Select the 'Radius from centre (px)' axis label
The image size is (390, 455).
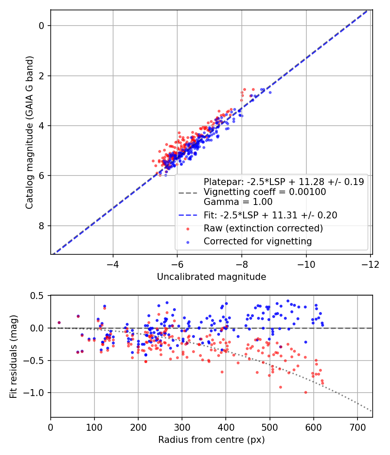point(211,440)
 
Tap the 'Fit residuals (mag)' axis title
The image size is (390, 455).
point(13,356)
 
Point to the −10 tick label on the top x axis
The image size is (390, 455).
point(306,264)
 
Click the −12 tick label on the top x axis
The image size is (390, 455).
point(370,264)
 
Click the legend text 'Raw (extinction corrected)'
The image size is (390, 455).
point(263,228)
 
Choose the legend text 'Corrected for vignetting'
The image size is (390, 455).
point(258,241)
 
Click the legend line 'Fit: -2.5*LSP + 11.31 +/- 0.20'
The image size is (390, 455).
point(270,215)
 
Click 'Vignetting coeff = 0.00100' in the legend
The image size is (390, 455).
point(265,192)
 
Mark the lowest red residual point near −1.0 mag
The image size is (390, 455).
point(305,392)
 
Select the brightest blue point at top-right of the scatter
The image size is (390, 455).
point(270,92)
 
